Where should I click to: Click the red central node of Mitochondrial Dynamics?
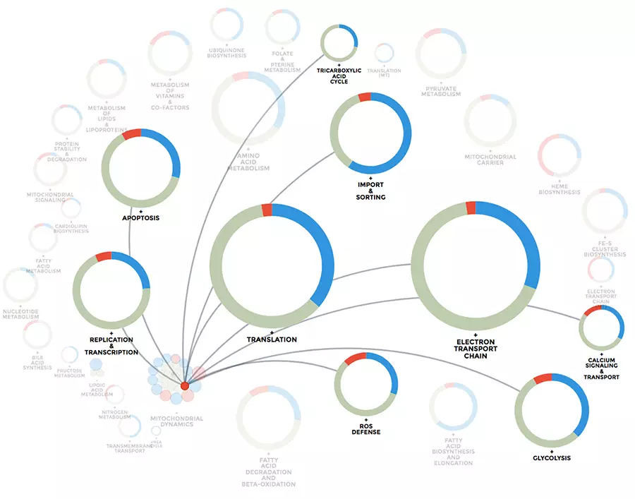(184, 385)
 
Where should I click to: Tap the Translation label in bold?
(272, 339)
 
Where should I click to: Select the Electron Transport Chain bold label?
(476, 349)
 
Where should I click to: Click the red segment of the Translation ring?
(266, 210)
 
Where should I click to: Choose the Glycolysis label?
(552, 458)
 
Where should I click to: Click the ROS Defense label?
(366, 428)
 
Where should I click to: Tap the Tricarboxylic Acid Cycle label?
(339, 76)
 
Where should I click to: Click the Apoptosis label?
(140, 218)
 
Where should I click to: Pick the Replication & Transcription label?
(111, 346)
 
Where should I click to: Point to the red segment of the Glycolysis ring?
(543, 379)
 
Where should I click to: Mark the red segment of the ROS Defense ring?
(355, 358)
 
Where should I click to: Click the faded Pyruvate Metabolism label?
(441, 91)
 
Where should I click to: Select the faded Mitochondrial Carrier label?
(490, 160)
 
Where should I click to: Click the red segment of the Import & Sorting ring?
(365, 97)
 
